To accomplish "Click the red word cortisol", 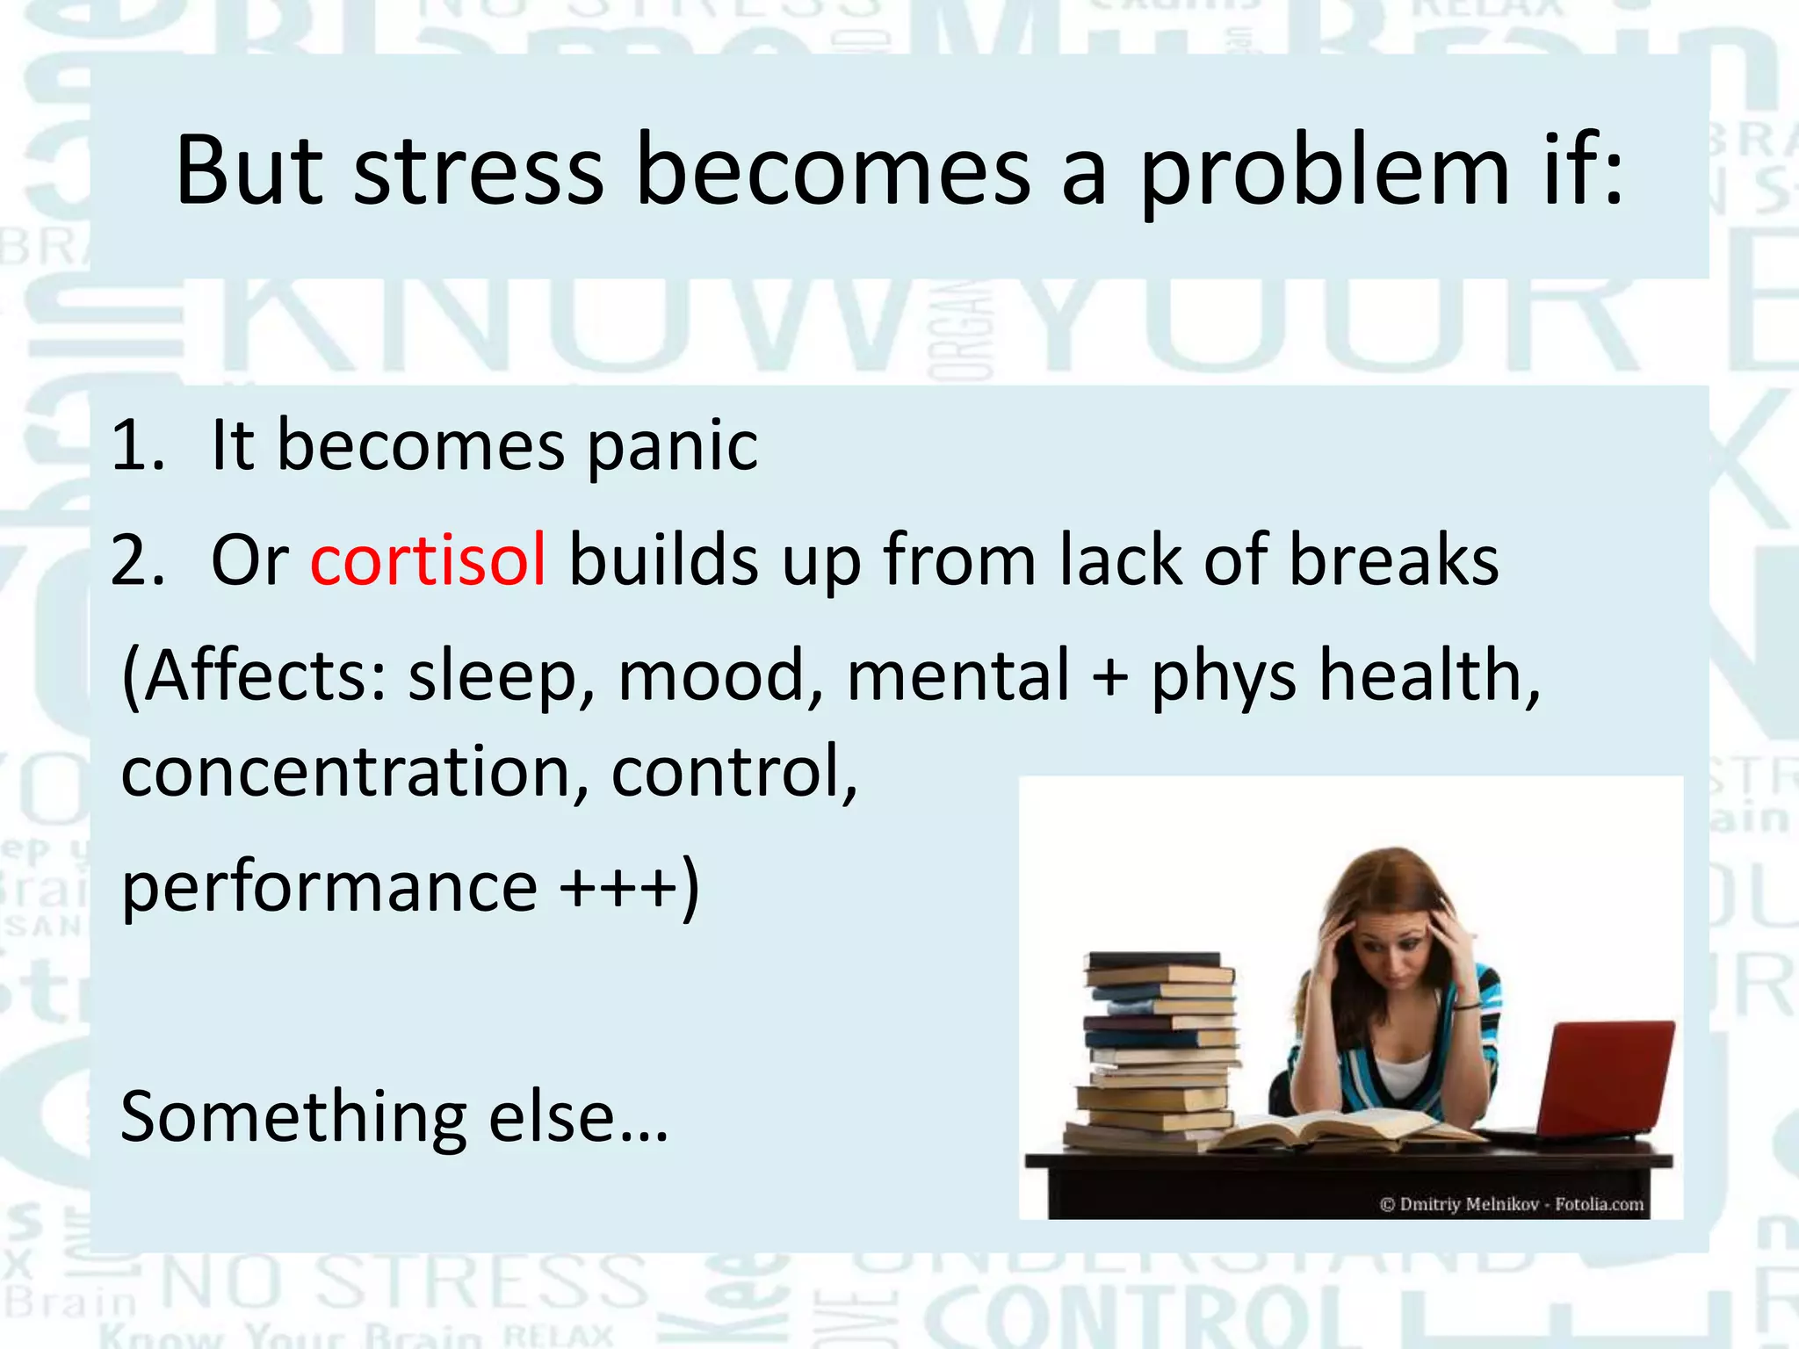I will click(x=428, y=559).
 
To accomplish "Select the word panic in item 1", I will click(x=672, y=446).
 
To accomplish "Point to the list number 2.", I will click(x=137, y=560).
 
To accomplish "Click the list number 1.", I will click(x=137, y=446).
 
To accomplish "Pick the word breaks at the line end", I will click(x=1394, y=559).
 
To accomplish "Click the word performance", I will click(x=329, y=887).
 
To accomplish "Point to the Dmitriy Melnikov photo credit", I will click(x=1511, y=1204).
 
